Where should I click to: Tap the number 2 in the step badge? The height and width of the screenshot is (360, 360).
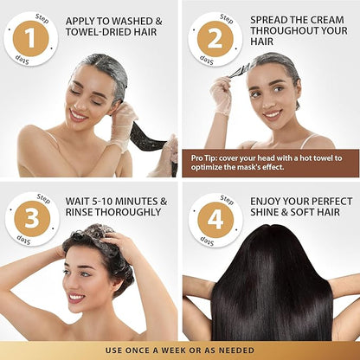tap(215, 38)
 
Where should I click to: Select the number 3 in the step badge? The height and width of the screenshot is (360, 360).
tap(32, 219)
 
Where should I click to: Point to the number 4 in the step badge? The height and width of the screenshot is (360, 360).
tap(215, 220)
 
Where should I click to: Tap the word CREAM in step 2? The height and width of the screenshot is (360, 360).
tap(325, 20)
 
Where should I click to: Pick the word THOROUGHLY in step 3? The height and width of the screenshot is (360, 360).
tap(128, 212)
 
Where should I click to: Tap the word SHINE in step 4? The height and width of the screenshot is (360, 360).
tap(264, 212)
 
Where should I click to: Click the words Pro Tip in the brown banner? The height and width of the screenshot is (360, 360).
tap(203, 158)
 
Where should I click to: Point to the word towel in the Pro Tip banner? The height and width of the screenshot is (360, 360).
tap(318, 158)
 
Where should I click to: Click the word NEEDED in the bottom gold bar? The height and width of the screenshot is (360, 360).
tap(236, 350)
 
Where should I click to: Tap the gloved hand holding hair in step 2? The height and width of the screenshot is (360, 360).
tap(221, 94)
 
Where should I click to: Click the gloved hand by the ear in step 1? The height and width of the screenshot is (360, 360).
tap(123, 123)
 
